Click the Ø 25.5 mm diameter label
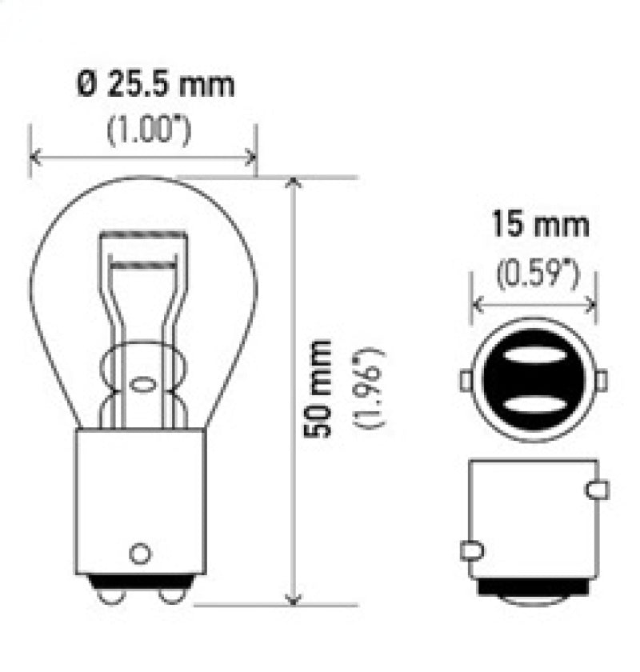pos(157,84)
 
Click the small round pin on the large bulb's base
pos(140,552)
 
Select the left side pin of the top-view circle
pos(466,380)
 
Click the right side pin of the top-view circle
pos(602,380)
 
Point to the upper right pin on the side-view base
pos(597,489)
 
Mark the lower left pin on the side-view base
pos(471,550)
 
